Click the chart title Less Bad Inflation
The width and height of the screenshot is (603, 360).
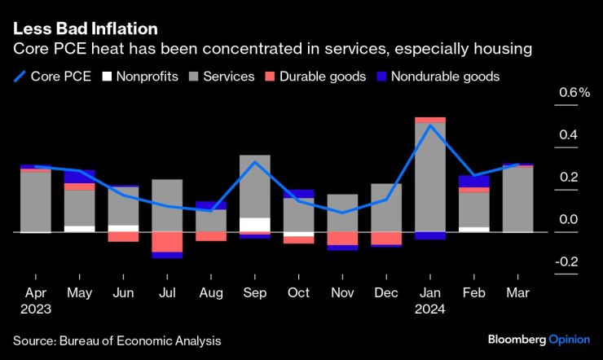85,29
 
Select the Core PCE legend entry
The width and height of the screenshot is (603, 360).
55,77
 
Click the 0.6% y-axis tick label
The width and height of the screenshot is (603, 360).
574,93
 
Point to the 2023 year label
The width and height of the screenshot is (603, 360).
36,310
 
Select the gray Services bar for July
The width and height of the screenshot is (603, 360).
166,205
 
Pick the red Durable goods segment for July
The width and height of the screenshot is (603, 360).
166,242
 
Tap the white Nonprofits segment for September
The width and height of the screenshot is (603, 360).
254,225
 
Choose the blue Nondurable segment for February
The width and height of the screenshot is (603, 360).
473,182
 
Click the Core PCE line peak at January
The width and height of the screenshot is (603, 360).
429,125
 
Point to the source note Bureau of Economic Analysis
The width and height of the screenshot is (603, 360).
117,340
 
